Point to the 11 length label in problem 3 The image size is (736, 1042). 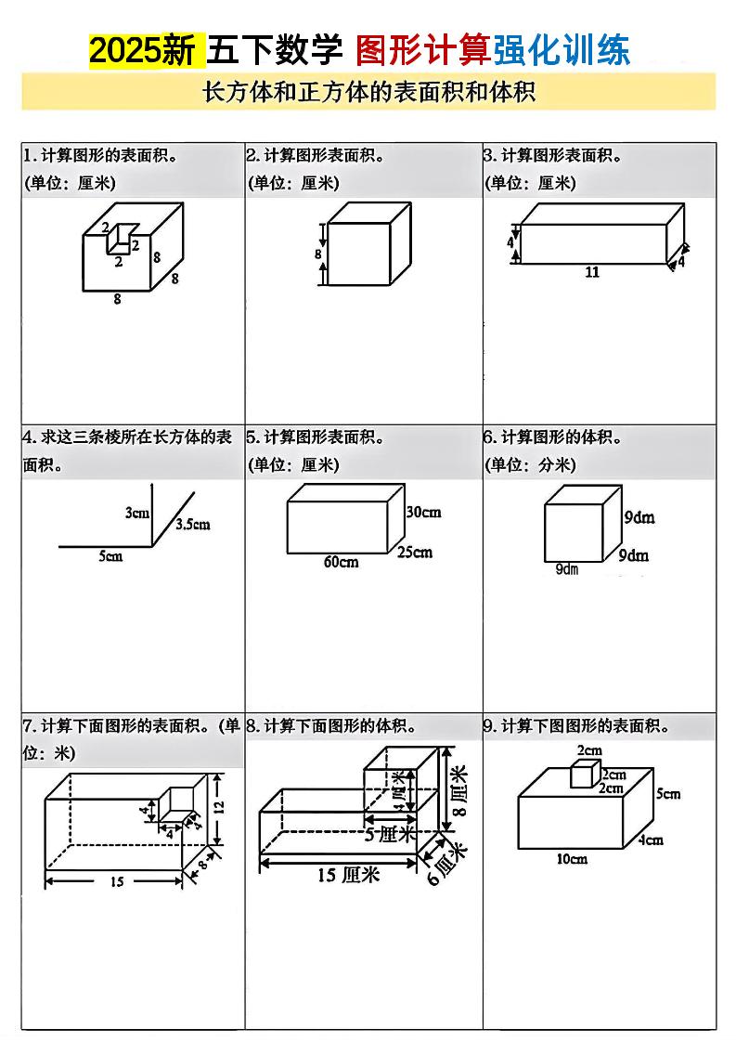(592, 273)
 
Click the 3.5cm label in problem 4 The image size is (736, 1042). (193, 525)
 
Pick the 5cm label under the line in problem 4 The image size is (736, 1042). (110, 557)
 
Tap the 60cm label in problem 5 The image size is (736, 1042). (341, 562)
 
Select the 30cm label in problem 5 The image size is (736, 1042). (423, 512)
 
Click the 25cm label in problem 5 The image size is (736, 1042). (415, 553)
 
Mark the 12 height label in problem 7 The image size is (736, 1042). (220, 807)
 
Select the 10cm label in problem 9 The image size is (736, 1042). (572, 859)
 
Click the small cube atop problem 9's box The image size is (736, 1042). (583, 774)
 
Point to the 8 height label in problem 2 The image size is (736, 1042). (318, 253)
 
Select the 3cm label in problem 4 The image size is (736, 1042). (137, 513)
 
